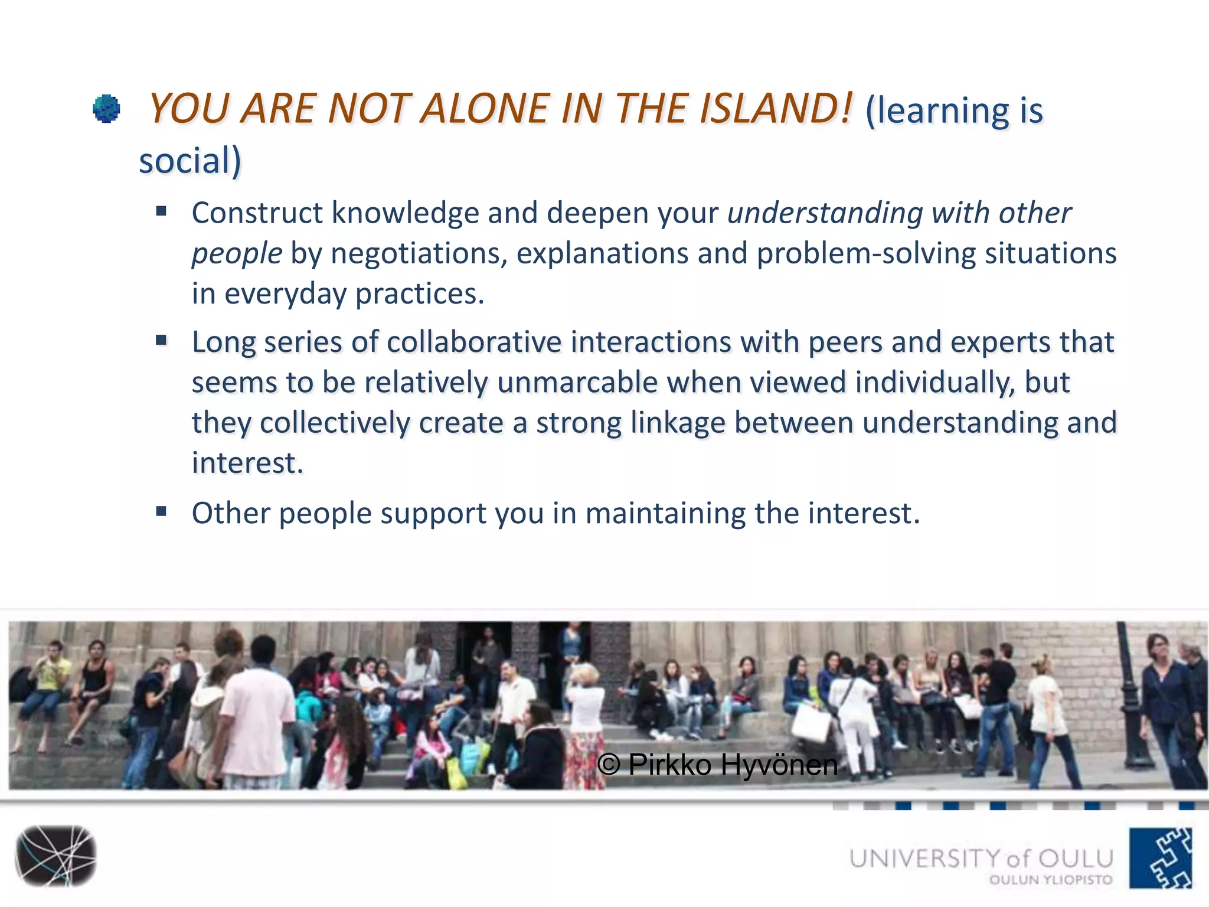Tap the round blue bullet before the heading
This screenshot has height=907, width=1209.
pos(107,109)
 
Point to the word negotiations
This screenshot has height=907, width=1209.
pos(419,253)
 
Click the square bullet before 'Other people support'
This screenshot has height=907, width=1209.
pos(161,511)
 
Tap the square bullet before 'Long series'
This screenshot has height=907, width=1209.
pos(161,340)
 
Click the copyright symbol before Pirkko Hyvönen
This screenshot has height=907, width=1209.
pos(609,765)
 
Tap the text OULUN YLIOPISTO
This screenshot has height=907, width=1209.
pos(1051,880)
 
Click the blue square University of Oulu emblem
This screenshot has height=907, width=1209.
pos(1161,857)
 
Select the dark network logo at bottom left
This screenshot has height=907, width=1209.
pos(56,856)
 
